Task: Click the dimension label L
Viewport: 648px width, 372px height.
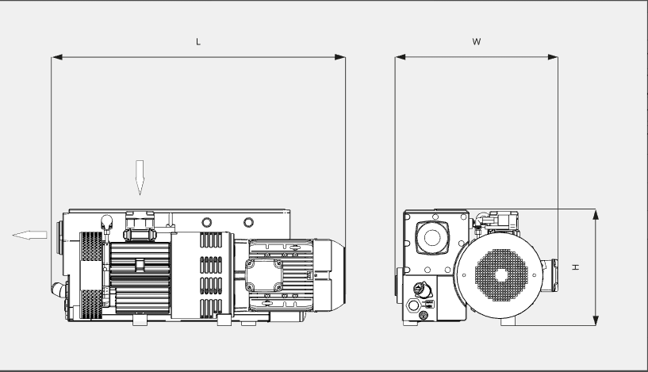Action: tap(198, 42)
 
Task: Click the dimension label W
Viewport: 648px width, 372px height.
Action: tap(477, 41)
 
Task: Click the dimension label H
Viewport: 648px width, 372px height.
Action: tap(575, 267)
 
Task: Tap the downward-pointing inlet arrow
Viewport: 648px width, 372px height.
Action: tap(140, 178)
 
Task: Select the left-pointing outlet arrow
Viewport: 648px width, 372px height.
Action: tap(29, 235)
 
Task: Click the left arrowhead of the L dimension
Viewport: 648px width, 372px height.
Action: tap(56, 57)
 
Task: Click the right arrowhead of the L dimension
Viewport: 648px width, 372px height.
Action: tap(340, 57)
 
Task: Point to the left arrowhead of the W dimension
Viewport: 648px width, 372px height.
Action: tap(400, 57)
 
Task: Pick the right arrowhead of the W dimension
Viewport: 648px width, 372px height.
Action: tap(553, 57)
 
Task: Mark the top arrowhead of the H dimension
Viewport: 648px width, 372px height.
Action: tap(596, 214)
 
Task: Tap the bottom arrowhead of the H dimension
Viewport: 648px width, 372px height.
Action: tap(596, 320)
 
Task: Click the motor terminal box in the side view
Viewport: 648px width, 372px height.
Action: tap(264, 275)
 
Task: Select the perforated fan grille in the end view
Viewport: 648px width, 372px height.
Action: tap(501, 275)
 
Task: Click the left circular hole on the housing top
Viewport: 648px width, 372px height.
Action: tap(207, 222)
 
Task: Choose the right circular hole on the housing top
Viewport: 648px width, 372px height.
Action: tap(248, 222)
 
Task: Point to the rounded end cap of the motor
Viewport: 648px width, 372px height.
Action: tap(330, 274)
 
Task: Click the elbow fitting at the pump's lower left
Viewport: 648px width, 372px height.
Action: tap(59, 290)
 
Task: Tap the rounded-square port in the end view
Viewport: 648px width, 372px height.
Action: tap(431, 237)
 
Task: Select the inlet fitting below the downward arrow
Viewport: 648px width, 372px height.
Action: tap(140, 226)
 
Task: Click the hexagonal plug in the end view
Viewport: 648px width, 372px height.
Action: tap(413, 305)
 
